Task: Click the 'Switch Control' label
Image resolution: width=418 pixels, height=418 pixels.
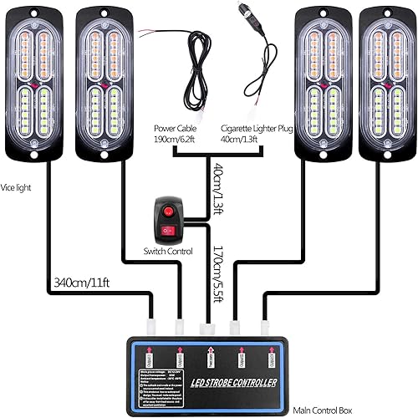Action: pos(169,251)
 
